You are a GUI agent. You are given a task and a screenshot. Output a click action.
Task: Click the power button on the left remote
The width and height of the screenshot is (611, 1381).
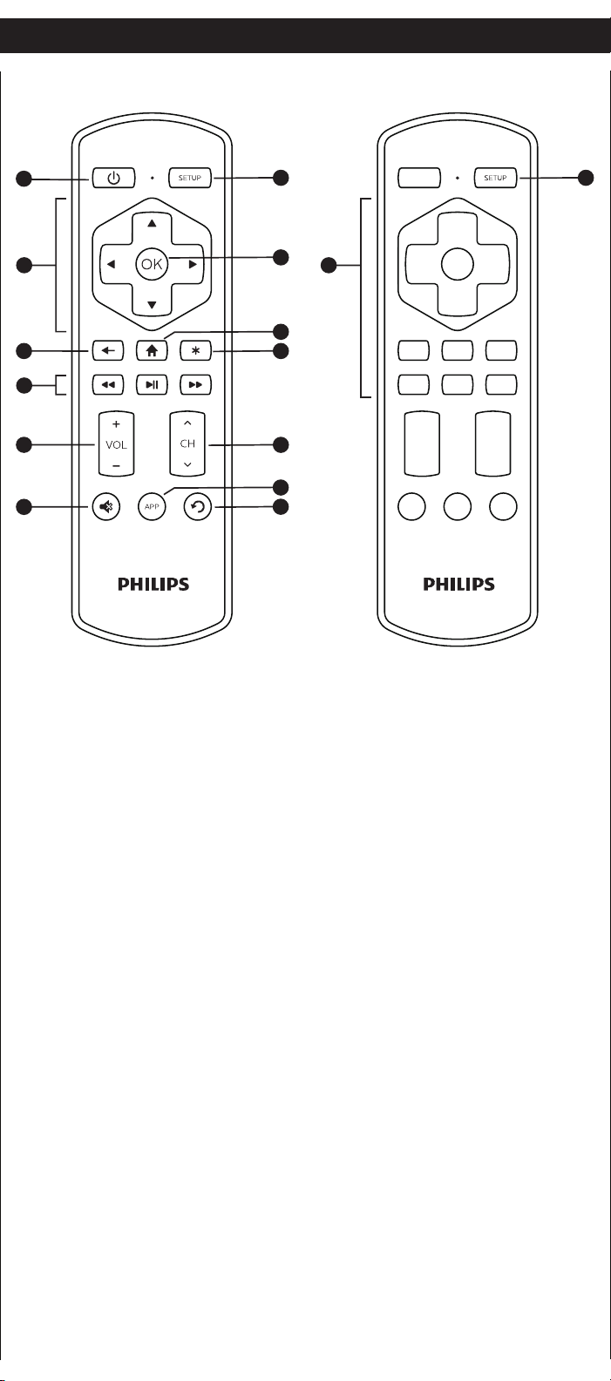[113, 178]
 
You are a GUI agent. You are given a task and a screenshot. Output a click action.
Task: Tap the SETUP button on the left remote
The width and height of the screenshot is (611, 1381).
[190, 178]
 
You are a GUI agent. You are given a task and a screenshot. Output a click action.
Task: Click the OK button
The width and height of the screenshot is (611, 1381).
[152, 265]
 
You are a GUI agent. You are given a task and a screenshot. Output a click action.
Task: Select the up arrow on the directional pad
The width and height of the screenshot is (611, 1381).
[152, 223]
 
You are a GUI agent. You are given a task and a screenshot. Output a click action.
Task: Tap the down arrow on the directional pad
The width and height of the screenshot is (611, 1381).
[152, 305]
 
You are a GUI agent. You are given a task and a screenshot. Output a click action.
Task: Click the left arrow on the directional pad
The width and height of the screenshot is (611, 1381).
[111, 265]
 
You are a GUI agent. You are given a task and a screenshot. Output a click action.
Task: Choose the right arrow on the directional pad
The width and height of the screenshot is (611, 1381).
[193, 265]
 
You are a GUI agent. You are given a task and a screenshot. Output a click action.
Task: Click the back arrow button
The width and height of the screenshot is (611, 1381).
[108, 351]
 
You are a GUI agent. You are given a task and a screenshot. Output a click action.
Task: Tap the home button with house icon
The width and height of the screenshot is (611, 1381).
[152, 351]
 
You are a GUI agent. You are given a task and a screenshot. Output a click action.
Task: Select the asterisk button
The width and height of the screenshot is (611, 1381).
[195, 351]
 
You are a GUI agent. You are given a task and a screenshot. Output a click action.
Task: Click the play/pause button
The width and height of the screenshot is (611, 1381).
[152, 385]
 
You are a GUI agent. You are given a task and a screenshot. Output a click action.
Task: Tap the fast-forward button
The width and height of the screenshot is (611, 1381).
[195, 385]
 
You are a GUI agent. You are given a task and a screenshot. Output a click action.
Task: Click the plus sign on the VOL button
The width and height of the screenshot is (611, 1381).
[116, 424]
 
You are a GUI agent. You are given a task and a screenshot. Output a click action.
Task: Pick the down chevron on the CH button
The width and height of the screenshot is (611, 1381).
[187, 464]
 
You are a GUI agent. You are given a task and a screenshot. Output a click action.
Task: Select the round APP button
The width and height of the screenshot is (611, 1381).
[152, 507]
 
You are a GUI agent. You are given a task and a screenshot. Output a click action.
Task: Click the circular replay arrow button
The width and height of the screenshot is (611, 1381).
[197, 507]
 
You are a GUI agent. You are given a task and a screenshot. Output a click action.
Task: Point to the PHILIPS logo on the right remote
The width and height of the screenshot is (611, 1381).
[458, 584]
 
